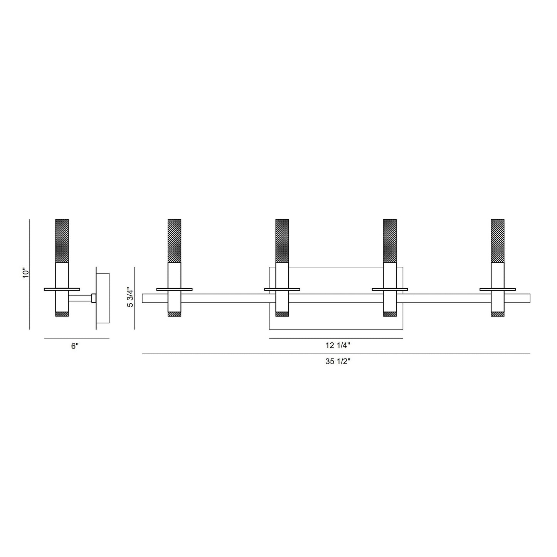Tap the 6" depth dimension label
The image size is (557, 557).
click(x=75, y=346)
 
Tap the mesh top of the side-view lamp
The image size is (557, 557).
click(x=62, y=241)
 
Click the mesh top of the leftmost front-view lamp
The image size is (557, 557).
click(x=174, y=241)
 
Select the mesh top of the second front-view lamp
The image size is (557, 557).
click(x=282, y=241)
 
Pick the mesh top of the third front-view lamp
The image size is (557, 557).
click(x=390, y=241)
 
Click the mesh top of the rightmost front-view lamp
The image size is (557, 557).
click(x=498, y=241)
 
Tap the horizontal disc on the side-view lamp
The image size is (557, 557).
click(x=62, y=289)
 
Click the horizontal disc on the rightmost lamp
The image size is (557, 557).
click(x=498, y=289)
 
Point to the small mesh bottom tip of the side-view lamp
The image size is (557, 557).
click(x=62, y=314)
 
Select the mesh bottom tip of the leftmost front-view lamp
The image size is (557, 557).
click(x=174, y=314)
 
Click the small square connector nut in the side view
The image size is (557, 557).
click(x=94, y=298)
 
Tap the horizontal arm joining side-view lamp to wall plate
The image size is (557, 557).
click(x=80, y=298)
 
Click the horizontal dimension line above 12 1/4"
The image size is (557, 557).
click(x=336, y=338)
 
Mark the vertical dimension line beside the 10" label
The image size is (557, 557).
click(x=30, y=274)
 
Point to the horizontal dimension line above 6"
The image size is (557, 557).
click(x=77, y=339)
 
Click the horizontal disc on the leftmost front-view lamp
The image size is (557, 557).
click(x=174, y=289)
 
